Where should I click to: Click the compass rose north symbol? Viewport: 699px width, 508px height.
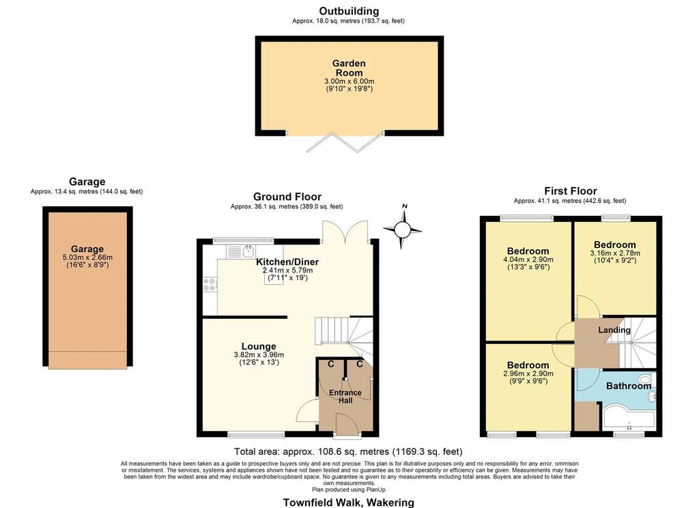403,229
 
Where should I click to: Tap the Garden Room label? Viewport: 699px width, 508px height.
349,68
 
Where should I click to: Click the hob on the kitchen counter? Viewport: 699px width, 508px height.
210,285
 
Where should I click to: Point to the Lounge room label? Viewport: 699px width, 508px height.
259,346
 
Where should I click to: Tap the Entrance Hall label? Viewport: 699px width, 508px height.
345,397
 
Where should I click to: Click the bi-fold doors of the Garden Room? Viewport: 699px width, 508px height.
345,142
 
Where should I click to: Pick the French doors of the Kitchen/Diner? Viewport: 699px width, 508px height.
346,231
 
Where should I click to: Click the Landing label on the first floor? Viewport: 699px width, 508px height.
614,330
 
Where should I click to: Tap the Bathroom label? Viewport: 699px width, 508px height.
629,386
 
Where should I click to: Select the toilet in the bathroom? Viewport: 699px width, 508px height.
647,379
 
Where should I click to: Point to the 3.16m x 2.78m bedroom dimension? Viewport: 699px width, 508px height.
615,253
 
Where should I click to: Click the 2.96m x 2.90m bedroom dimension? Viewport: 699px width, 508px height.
528,373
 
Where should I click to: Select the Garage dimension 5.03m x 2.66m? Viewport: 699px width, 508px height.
87,257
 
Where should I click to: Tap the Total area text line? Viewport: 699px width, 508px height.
348,452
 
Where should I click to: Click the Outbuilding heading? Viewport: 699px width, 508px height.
349,11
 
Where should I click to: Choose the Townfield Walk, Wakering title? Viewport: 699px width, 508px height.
349,503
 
